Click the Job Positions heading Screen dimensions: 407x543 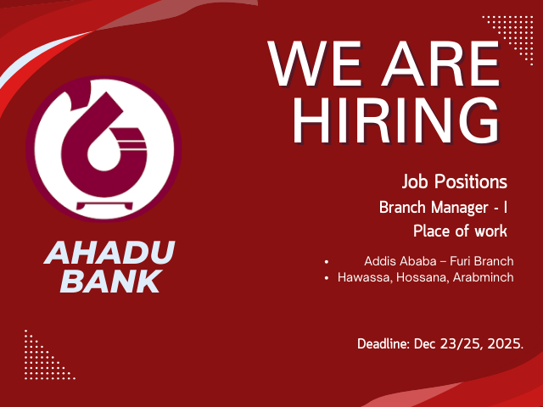click(455, 181)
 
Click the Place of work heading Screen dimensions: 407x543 click(460, 231)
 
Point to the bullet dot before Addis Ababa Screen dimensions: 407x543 click(327, 260)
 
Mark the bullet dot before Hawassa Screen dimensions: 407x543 click(327, 277)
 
